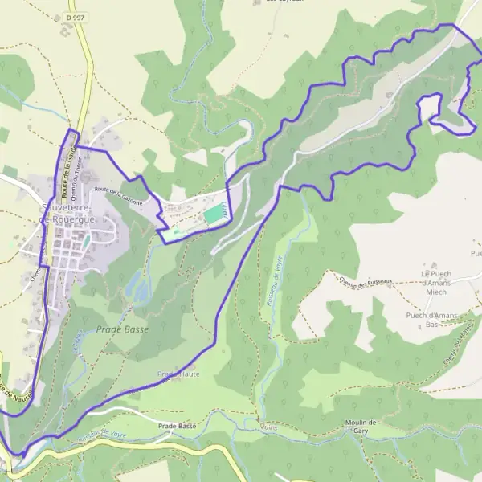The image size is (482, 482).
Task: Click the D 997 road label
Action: tap(76, 17)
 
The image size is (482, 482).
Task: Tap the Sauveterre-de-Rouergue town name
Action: tap(67, 213)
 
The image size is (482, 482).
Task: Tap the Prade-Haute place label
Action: tap(178, 374)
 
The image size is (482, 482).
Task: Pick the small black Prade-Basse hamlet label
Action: tap(178, 426)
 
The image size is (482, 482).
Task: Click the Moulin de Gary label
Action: tap(359, 427)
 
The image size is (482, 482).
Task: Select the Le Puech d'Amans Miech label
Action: tap(437, 281)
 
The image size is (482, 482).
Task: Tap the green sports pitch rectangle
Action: tap(211, 215)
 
